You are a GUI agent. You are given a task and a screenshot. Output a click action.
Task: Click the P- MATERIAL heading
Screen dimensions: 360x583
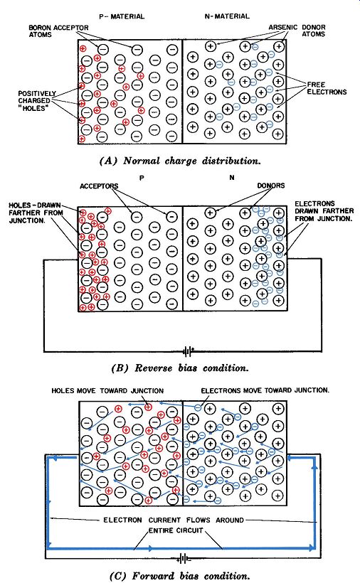point(122,16)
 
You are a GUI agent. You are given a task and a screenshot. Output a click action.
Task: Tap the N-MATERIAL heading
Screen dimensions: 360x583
point(227,16)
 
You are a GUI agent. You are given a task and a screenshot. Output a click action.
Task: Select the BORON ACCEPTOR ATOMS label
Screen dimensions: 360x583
point(59,31)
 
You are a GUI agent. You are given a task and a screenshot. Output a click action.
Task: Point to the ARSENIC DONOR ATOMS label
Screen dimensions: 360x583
point(297,31)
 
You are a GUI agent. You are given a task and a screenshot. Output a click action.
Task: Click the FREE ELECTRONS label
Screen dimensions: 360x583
point(327,88)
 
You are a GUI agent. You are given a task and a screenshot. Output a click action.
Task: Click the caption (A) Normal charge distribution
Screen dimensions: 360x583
point(181,161)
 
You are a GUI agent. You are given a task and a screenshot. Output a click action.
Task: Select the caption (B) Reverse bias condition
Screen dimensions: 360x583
point(180,368)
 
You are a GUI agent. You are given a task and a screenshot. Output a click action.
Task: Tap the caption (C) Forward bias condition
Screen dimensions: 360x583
point(180,576)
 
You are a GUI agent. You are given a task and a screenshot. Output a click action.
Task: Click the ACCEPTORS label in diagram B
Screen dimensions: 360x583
point(99,186)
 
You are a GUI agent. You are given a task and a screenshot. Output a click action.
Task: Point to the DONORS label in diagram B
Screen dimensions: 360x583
point(271,186)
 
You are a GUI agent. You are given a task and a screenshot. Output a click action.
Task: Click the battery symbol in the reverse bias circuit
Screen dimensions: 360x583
point(188,351)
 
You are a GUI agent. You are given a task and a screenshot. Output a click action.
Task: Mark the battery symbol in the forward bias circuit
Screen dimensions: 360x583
point(184,558)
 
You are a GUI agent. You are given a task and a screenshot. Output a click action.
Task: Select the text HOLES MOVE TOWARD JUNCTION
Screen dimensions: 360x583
point(107,391)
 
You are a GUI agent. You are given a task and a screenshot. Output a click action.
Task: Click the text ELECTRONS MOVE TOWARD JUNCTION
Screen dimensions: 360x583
point(265,390)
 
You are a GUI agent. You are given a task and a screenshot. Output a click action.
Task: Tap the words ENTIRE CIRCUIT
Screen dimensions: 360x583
point(176,530)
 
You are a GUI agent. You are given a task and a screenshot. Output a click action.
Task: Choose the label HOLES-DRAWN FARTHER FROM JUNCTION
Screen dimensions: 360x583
point(36,213)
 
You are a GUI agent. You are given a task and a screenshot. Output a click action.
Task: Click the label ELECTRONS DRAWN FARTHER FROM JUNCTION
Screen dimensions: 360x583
point(323,211)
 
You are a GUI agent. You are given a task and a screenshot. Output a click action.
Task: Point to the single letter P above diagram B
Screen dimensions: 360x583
point(142,178)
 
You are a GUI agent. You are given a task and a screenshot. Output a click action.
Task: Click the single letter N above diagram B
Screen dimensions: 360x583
point(232,178)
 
